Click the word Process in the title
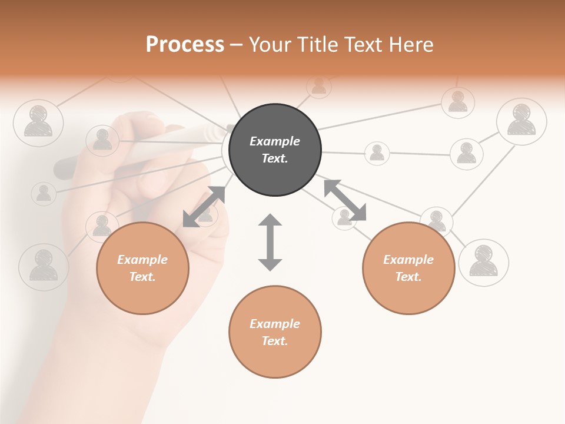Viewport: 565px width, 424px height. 185,45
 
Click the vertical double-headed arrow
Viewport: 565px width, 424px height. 270,242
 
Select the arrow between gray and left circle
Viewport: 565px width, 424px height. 204,206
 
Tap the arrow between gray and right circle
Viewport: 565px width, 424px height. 345,200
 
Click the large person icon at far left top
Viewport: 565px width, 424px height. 38,122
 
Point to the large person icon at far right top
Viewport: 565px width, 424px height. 521,120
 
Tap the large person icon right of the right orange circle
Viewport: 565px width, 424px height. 483,263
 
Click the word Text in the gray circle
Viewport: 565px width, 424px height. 275,158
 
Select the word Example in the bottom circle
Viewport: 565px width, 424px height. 275,323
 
